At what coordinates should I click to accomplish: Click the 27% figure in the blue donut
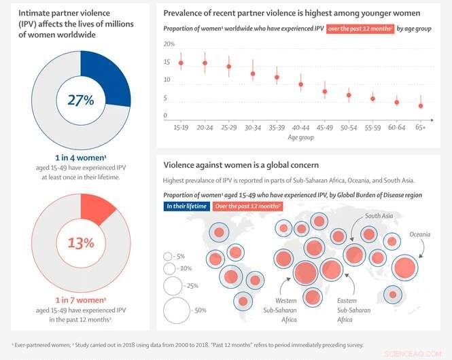click(x=80, y=99)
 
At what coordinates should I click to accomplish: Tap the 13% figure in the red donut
click(x=80, y=242)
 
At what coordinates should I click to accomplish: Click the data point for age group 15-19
click(x=181, y=63)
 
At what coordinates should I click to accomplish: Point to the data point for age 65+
click(x=421, y=106)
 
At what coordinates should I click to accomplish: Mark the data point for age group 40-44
click(x=300, y=85)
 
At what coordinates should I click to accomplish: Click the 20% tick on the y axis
click(x=169, y=44)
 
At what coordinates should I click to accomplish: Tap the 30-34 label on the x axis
click(x=252, y=127)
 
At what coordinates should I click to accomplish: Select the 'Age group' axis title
click(x=300, y=137)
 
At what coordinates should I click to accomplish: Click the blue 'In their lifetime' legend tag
click(x=186, y=206)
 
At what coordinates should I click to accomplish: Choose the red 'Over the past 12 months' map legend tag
click(x=248, y=206)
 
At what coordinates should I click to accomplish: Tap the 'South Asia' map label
click(x=379, y=217)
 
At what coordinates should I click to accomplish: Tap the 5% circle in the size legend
click(x=167, y=256)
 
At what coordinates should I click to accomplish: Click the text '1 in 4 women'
click(x=80, y=157)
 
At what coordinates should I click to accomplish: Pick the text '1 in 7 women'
click(x=80, y=300)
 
